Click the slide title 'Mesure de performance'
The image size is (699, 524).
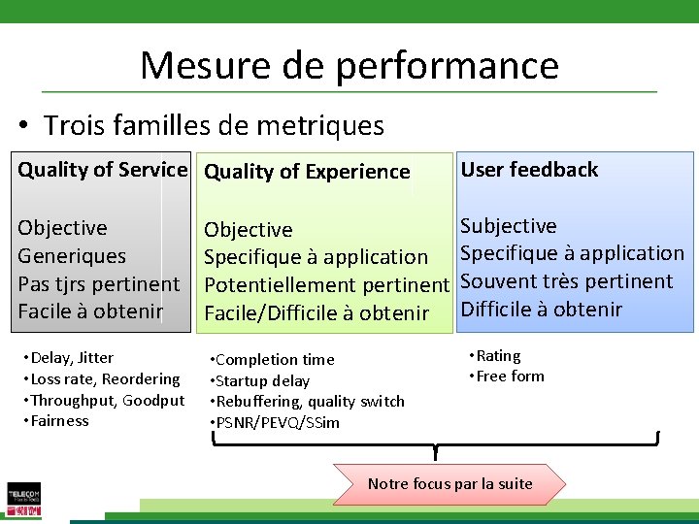349,65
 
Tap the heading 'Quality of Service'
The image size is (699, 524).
102,169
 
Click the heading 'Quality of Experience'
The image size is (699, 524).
307,172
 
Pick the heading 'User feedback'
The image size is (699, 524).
529,169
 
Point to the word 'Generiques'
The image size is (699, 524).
72,256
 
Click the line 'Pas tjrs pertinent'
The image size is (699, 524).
99,284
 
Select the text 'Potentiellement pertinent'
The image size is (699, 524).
327,285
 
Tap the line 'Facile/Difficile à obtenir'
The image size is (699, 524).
316,312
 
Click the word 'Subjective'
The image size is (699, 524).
508,226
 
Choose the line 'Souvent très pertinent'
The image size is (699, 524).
566,281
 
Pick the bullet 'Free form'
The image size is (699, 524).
509,377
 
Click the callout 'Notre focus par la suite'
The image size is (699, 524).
450,483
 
